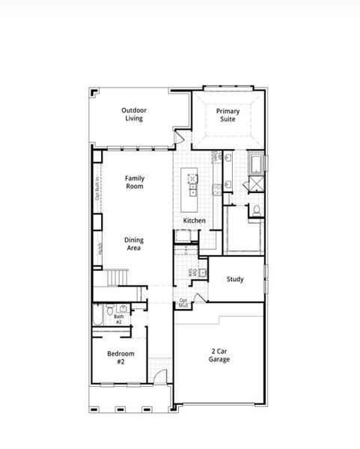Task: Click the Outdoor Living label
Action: [135, 114]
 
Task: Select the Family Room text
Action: [135, 182]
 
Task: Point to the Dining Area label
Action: [135, 244]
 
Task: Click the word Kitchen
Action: [195, 221]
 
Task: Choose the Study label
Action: [235, 279]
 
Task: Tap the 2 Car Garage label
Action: [219, 355]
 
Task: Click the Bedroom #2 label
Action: [120, 357]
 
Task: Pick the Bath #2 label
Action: [118, 319]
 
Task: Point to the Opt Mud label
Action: [183, 303]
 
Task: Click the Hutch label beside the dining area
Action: [100, 248]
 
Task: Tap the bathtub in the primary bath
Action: [256, 162]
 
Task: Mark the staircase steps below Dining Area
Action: [115, 278]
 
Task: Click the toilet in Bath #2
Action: [110, 309]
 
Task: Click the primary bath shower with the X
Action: [256, 183]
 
